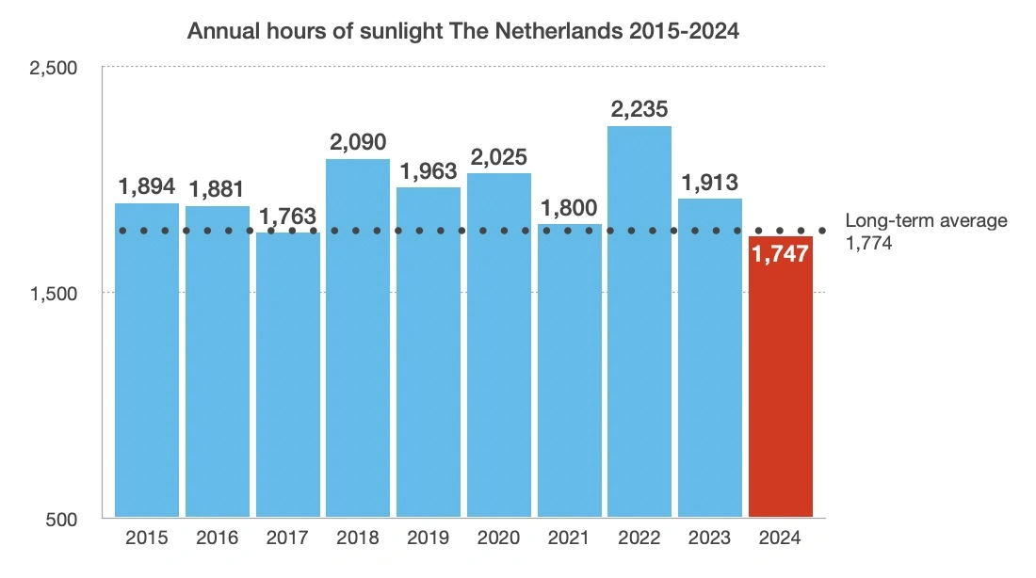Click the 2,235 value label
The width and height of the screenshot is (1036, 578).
coord(639,109)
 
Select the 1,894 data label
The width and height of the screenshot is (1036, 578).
coord(146,186)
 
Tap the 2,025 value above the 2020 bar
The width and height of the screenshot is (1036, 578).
coord(498,156)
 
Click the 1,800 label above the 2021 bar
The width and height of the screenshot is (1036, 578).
coord(569,207)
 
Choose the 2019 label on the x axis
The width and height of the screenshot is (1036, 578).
coord(428,538)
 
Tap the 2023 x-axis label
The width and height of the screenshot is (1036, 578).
coord(710,538)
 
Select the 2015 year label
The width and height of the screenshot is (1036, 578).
coord(146,538)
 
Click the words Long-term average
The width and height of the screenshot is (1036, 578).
coord(926,221)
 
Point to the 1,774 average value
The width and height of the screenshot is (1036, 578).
coord(868,243)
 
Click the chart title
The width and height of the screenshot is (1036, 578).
coord(463,31)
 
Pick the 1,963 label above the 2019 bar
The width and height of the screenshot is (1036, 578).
coord(428,171)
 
